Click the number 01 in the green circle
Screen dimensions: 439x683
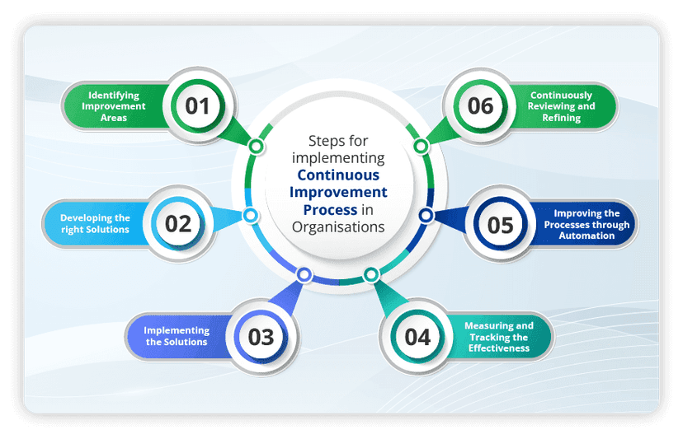pyautogui.click(x=197, y=105)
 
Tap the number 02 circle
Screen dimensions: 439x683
pyautogui.click(x=178, y=223)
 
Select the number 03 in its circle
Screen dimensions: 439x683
pyautogui.click(x=261, y=336)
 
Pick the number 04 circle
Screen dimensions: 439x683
pyautogui.click(x=418, y=337)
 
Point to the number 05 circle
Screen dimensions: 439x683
pyautogui.click(x=501, y=225)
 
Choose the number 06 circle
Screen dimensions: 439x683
pyautogui.click(x=480, y=105)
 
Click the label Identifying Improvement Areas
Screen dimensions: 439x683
pyautogui.click(x=117, y=106)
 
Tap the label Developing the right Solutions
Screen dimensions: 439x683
pyautogui.click(x=95, y=223)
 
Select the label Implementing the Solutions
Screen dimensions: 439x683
pyautogui.click(x=177, y=336)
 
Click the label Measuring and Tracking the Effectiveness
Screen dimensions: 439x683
pyautogui.click(x=498, y=336)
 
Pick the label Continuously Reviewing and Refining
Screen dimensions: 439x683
pyautogui.click(x=562, y=106)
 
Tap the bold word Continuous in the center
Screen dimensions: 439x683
pyautogui.click(x=338, y=175)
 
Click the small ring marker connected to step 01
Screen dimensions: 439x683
pyautogui.click(x=257, y=147)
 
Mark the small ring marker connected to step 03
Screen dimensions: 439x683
pyautogui.click(x=304, y=275)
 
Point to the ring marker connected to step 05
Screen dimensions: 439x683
pyautogui.click(x=426, y=216)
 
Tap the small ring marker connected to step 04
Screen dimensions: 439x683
pyautogui.click(x=371, y=274)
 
